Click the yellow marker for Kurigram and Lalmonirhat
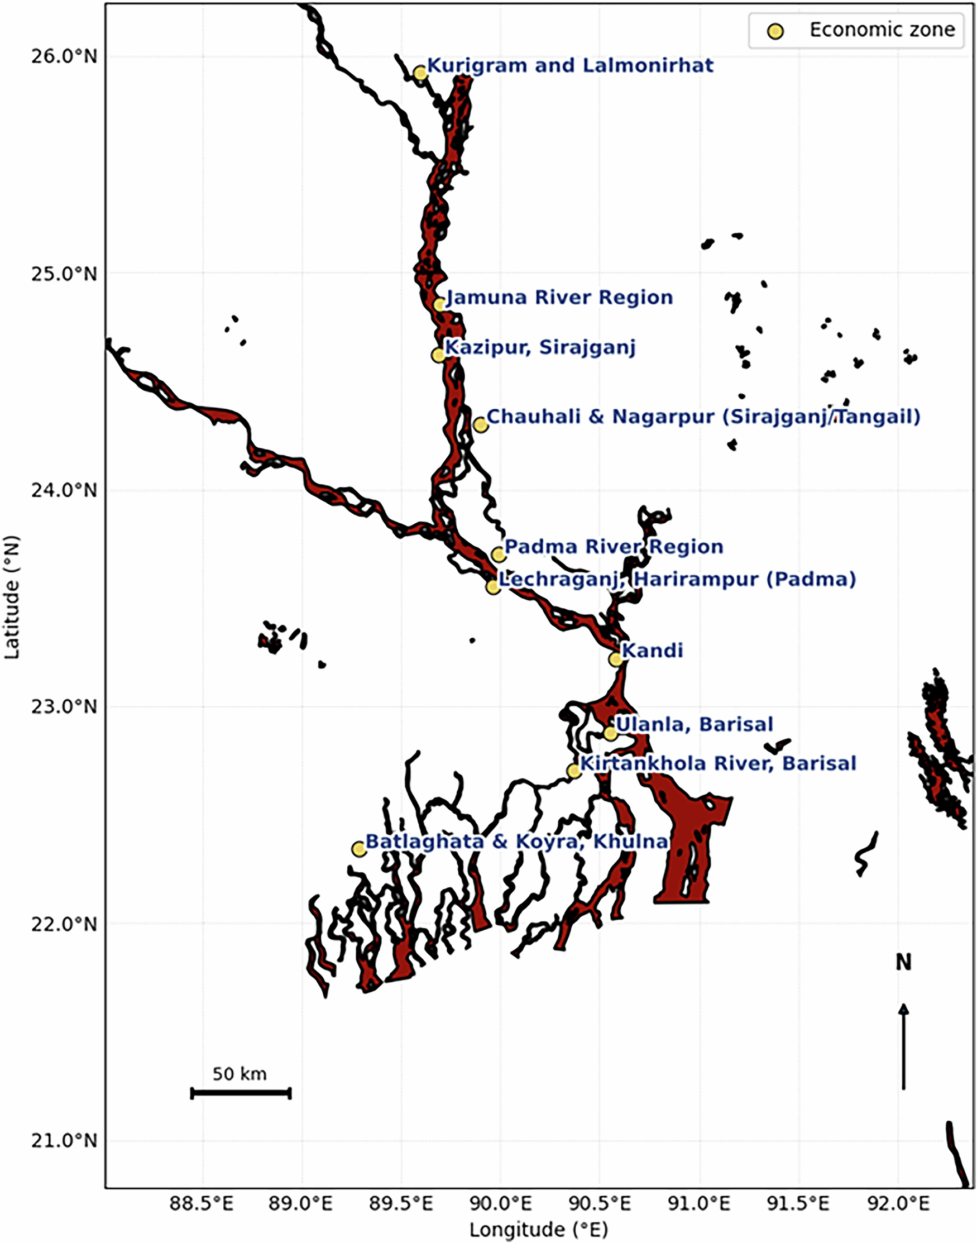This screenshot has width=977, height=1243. click(x=420, y=73)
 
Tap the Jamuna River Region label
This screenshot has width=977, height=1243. click(x=559, y=298)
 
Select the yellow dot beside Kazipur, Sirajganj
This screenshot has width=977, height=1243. click(x=438, y=355)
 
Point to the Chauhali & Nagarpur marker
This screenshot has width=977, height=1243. click(x=481, y=424)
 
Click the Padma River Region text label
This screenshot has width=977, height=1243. click(x=614, y=547)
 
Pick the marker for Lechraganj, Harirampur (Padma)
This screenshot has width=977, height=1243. click(x=493, y=587)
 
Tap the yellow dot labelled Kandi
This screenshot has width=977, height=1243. click(x=615, y=659)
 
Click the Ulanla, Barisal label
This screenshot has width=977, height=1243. click(x=694, y=724)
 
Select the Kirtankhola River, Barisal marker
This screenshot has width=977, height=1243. click(x=574, y=771)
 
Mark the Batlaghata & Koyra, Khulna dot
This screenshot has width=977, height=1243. click(x=358, y=849)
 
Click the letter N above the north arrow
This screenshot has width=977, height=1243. click(x=903, y=963)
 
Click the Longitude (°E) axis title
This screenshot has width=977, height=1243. click(x=539, y=1229)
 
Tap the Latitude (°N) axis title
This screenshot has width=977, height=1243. click(x=13, y=597)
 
